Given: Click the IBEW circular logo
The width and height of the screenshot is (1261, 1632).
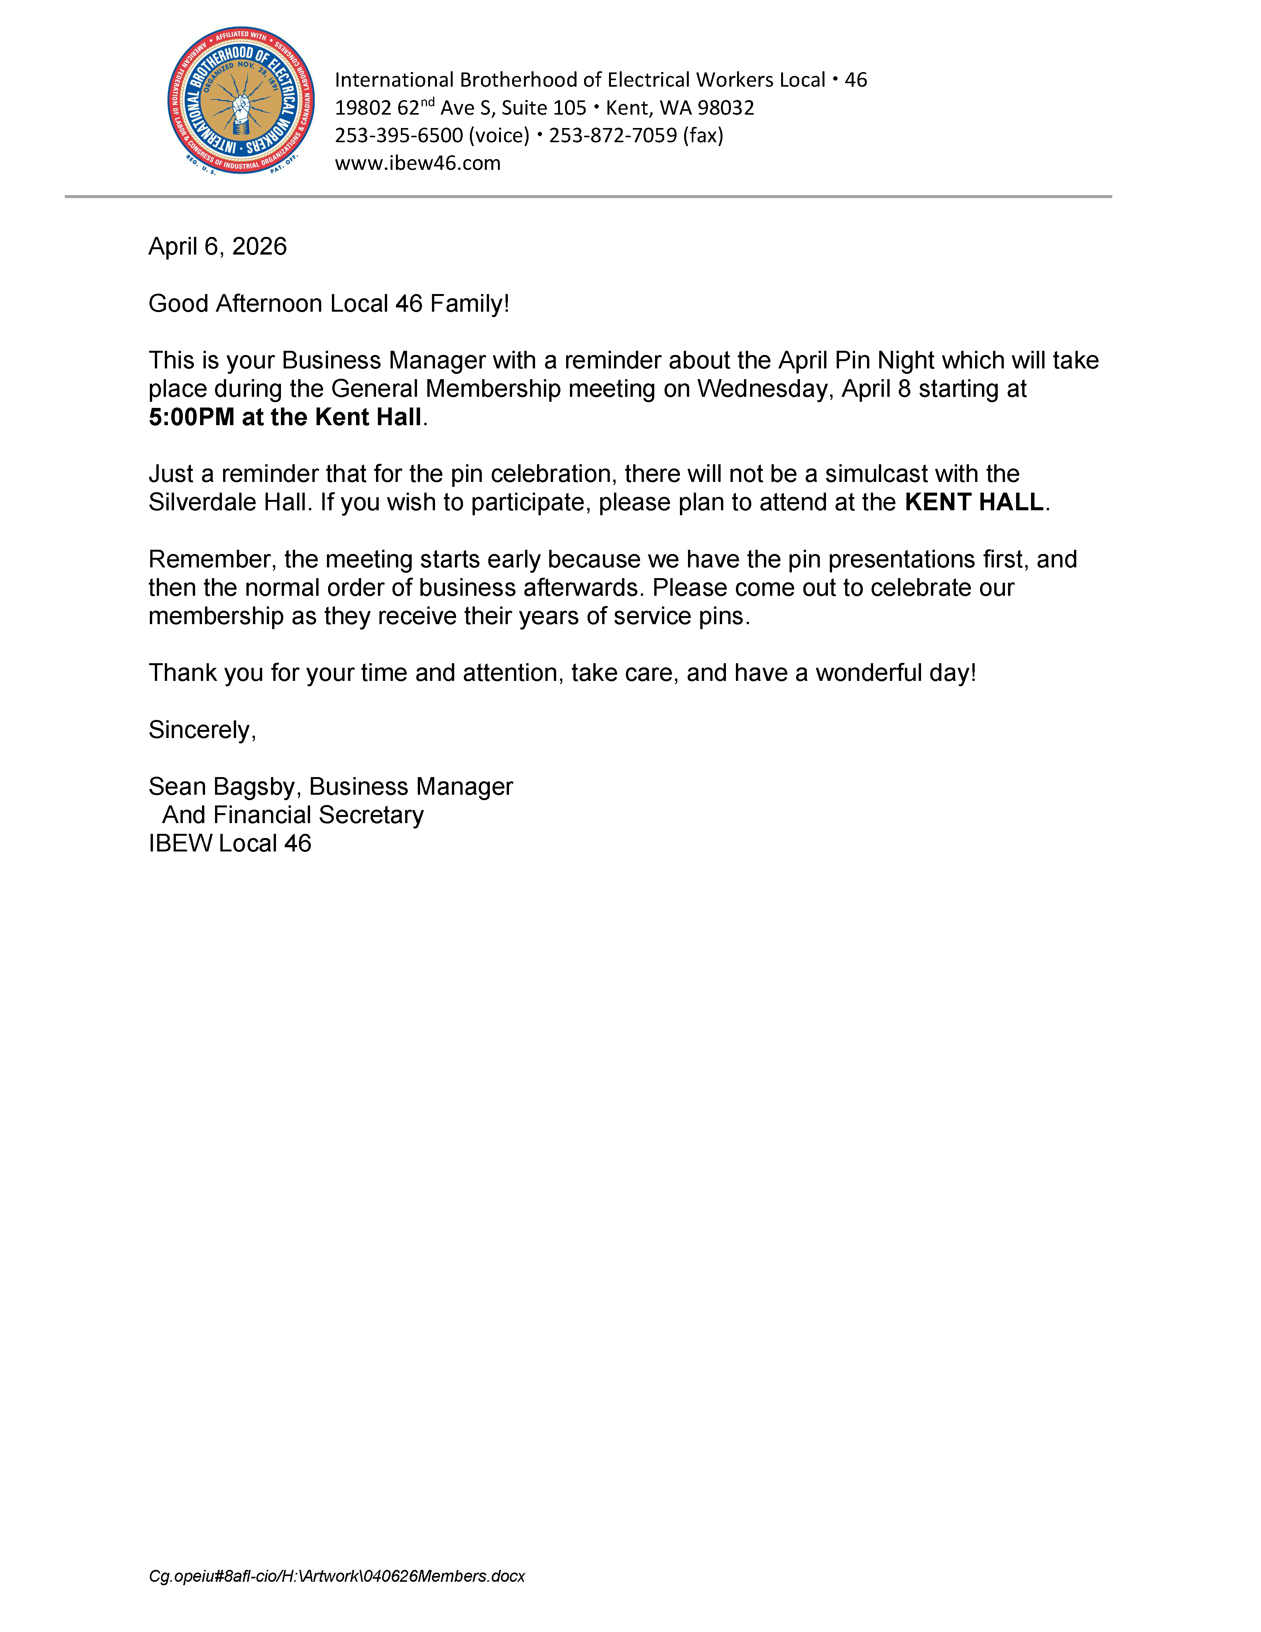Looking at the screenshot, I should pyautogui.click(x=241, y=101).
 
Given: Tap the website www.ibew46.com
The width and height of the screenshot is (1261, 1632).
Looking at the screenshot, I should pyautogui.click(x=418, y=163).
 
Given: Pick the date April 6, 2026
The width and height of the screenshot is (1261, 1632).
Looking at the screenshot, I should pyautogui.click(x=217, y=247).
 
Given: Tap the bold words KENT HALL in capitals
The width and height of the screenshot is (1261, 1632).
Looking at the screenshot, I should pyautogui.click(x=974, y=502).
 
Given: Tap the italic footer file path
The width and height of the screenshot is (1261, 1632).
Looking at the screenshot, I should pyautogui.click(x=336, y=1576).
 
